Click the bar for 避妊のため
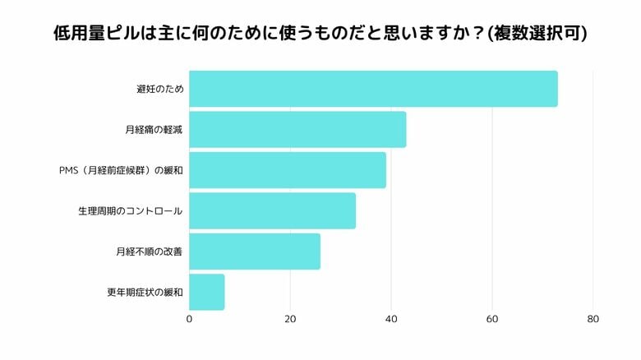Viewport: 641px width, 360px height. [373, 89]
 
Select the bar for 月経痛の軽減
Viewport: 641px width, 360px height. [297, 129]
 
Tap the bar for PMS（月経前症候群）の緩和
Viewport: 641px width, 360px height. [288, 170]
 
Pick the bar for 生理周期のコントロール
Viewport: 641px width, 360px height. [272, 210]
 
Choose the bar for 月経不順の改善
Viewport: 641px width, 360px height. [255, 252]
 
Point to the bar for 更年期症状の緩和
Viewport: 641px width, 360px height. [207, 292]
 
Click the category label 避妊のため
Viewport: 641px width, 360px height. [159, 89]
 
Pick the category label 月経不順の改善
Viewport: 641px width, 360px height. [149, 252]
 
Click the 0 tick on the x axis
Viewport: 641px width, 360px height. [190, 319]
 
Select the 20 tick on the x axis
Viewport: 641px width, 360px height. [290, 319]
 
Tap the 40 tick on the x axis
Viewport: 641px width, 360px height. [391, 319]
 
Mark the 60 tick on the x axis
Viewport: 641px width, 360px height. [492, 319]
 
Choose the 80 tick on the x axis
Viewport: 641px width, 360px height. [593, 319]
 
